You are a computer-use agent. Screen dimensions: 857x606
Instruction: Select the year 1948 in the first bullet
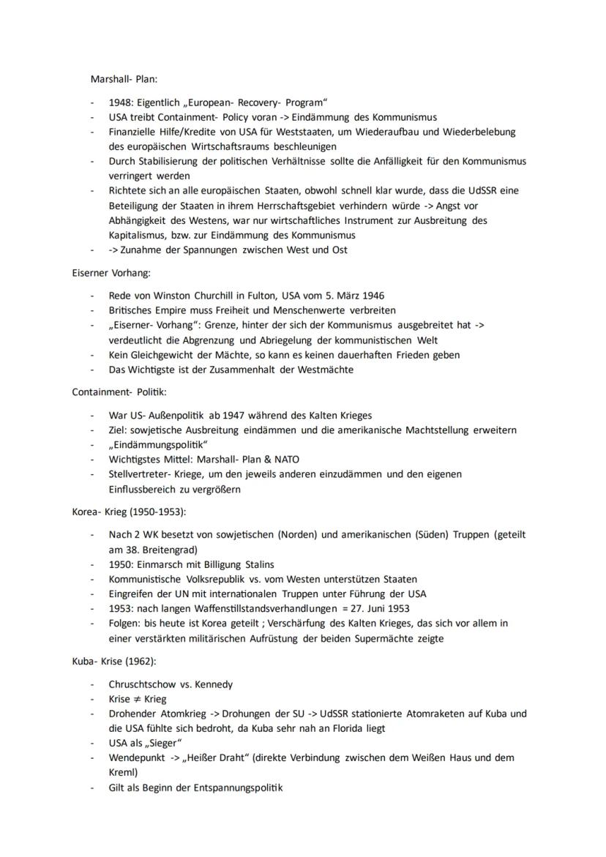point(121,102)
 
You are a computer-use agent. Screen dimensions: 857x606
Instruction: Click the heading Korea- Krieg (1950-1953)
point(128,512)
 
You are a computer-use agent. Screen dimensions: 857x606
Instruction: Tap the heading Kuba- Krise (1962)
point(109,661)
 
